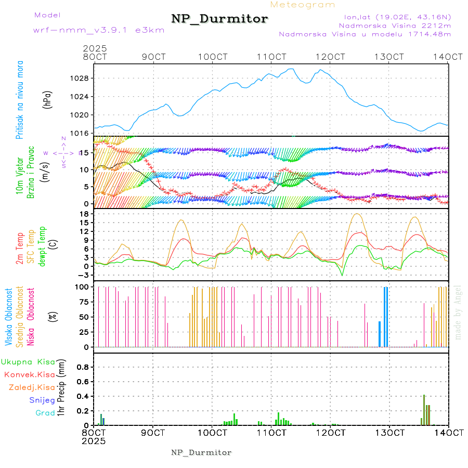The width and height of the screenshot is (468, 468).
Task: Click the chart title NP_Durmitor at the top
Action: [x=219, y=19]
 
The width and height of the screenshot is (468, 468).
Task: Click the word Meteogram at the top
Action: [x=303, y=5]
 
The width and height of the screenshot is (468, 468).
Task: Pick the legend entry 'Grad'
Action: [x=45, y=413]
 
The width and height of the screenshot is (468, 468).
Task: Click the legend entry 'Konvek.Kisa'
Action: [x=29, y=374]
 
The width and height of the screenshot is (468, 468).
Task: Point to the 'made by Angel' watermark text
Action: [x=458, y=312]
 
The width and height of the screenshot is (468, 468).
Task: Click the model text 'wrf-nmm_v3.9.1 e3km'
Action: [x=99, y=30]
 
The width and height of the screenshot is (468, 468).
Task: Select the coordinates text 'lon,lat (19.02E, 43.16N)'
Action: [x=394, y=17]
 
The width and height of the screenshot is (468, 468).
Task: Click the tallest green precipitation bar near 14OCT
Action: [x=424, y=410]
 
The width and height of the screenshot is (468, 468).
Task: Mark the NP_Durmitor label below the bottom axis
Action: [x=201, y=452]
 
